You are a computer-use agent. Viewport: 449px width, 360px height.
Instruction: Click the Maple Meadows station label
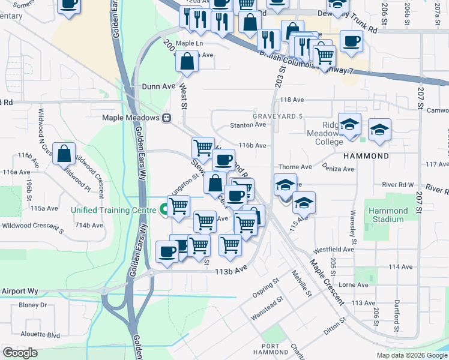(132, 118)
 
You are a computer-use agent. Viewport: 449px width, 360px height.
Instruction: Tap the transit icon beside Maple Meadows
(168, 118)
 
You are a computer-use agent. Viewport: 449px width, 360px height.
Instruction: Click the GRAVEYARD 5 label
(277, 116)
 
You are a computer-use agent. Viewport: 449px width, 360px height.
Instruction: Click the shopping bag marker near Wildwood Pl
(64, 154)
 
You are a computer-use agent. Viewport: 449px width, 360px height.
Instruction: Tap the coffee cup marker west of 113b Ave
(167, 251)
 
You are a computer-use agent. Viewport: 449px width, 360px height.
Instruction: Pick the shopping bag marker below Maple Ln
(188, 62)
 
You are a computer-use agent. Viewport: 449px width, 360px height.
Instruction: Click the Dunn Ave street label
(158, 86)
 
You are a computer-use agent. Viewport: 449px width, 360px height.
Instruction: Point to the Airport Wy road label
(20, 291)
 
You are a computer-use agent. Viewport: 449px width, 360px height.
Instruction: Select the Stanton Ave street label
(248, 125)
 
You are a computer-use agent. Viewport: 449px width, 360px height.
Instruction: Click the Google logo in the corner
(20, 353)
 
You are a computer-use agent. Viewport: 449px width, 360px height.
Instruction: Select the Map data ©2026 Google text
(411, 355)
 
